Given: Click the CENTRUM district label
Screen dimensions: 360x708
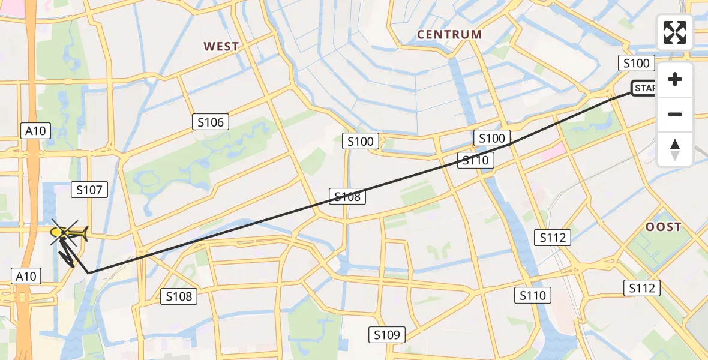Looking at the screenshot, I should [x=449, y=34].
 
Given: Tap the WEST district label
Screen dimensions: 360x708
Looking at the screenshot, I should [x=221, y=46].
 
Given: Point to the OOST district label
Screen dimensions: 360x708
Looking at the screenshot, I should [x=664, y=227].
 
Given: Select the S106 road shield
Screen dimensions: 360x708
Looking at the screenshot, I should [x=211, y=122].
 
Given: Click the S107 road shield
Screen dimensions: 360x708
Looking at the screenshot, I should [x=89, y=190].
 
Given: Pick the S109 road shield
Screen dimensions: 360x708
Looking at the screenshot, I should [x=387, y=334].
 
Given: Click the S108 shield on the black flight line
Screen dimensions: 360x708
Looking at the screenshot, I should [x=347, y=196].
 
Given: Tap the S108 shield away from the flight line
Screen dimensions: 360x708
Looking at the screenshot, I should [x=179, y=296].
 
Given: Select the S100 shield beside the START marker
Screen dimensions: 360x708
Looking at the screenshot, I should [x=636, y=63].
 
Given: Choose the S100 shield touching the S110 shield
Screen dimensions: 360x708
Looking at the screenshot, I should [x=492, y=138].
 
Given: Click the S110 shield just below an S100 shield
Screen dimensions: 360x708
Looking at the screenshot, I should [x=476, y=160].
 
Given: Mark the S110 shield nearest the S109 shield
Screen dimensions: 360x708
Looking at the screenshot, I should [x=533, y=295].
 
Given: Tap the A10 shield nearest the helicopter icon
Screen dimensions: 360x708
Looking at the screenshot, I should [x=26, y=276].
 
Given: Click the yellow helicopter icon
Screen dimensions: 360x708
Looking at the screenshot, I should [x=67, y=233].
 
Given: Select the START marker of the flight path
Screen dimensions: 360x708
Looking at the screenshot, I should [x=643, y=89].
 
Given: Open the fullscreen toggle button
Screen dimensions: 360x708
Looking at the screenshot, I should [x=675, y=32].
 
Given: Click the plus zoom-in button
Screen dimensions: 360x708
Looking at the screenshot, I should [x=675, y=79].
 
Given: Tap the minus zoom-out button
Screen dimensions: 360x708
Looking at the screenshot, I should [x=675, y=114].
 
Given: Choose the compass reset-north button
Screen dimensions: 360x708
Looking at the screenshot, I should [x=675, y=149].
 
